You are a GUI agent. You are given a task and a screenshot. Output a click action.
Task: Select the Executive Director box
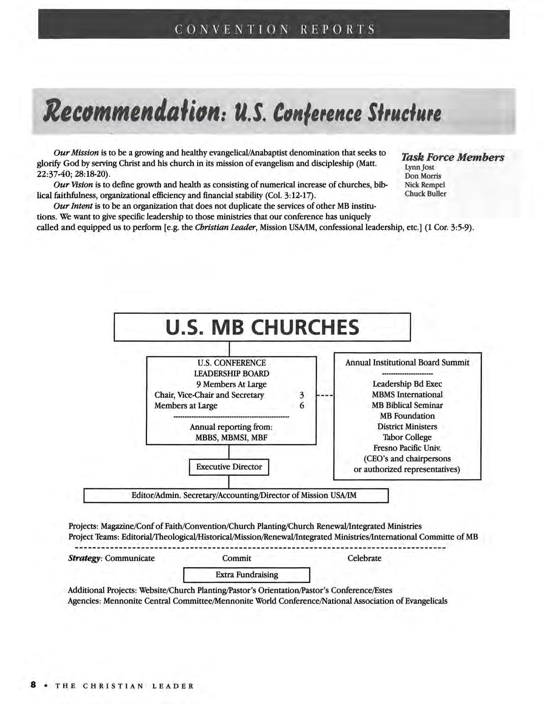click(x=229, y=467)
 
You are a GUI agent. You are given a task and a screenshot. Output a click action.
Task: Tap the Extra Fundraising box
click(x=246, y=575)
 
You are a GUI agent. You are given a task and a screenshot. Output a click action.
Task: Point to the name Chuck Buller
click(x=425, y=193)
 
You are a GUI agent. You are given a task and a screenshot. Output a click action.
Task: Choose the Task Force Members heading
click(x=453, y=157)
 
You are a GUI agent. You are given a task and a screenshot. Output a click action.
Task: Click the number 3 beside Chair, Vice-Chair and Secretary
click(x=302, y=395)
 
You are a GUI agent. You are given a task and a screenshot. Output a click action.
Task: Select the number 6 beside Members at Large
click(x=302, y=405)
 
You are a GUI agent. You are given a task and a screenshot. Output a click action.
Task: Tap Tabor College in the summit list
click(x=407, y=437)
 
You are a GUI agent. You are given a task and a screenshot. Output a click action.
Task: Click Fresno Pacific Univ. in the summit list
click(x=407, y=448)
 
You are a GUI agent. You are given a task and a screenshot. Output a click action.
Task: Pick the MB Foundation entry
click(x=407, y=416)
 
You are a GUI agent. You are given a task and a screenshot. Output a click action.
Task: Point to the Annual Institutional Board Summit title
click(x=407, y=362)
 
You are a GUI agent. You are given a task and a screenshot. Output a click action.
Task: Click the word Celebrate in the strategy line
click(x=364, y=558)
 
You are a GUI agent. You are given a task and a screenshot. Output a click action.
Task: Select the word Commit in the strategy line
click(x=236, y=558)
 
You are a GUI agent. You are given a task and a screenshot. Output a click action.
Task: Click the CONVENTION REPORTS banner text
click(x=275, y=29)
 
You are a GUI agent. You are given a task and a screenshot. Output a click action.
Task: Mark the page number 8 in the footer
click(x=33, y=685)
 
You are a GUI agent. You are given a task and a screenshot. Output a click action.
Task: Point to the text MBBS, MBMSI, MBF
click(x=231, y=437)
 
